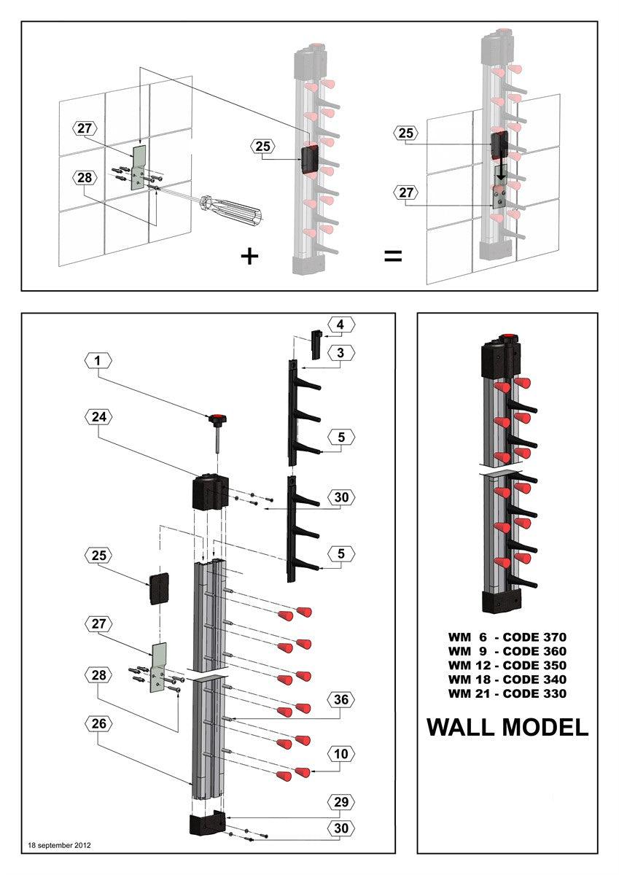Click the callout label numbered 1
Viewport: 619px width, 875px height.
(98, 359)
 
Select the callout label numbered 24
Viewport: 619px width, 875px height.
(98, 417)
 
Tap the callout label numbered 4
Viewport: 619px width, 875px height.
(340, 324)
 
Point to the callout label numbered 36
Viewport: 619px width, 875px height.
(340, 699)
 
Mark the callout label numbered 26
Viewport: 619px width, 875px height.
(98, 723)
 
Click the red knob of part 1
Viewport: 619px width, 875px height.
(216, 419)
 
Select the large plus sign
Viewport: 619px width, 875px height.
(249, 257)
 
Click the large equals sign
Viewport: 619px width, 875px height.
(393, 257)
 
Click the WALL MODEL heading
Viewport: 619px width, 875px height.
(507, 727)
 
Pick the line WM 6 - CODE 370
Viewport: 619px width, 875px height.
(507, 637)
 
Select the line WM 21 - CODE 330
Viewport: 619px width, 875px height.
(507, 693)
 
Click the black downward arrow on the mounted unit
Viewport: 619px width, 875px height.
(500, 176)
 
